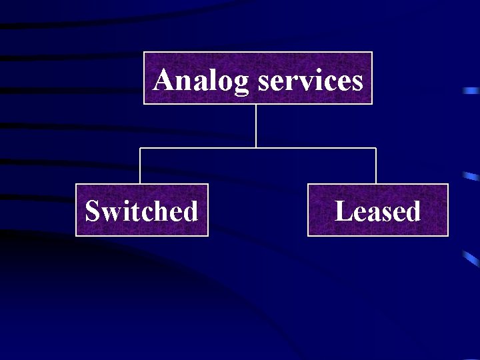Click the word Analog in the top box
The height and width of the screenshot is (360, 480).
tap(201, 81)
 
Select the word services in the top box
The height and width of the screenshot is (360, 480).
tap(310, 81)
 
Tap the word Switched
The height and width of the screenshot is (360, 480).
tap(141, 211)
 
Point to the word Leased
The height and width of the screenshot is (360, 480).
tap(377, 211)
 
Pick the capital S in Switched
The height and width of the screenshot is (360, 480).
tap(92, 211)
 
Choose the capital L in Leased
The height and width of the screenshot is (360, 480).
tap(343, 211)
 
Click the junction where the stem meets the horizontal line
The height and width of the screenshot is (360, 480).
tap(256, 147)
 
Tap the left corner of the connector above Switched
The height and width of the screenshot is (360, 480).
tap(140, 147)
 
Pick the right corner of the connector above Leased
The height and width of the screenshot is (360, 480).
tap(376, 147)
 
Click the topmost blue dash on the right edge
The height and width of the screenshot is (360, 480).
tap(471, 89)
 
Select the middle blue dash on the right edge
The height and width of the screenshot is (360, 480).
tap(472, 177)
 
